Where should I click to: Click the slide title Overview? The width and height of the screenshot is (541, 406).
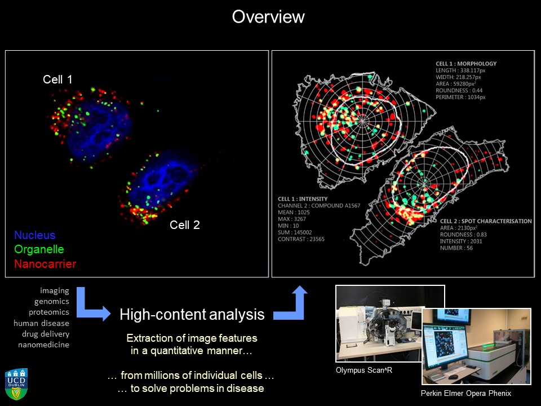point(268,17)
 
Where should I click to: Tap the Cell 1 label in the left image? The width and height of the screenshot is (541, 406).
point(57,80)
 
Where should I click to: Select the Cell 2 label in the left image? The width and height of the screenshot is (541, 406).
point(185,225)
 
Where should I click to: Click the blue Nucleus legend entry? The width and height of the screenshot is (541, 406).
point(35,235)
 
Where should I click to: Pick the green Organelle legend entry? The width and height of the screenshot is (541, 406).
point(39,249)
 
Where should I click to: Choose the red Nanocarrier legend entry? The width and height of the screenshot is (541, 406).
point(45,264)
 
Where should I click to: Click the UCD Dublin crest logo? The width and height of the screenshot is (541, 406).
point(16,384)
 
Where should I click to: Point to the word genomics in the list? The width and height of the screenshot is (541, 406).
point(52,301)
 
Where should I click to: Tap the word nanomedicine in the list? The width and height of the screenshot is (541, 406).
point(43,345)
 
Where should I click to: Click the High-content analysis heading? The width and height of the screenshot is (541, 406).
point(192,315)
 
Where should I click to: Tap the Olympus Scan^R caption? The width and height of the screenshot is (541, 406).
point(364,370)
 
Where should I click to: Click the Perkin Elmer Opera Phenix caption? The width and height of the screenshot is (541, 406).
point(466,393)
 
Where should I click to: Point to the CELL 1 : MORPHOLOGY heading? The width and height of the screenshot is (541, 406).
point(466,64)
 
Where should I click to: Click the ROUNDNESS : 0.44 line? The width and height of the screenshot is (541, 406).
point(459,90)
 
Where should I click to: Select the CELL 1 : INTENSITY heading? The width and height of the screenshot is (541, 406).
point(303,199)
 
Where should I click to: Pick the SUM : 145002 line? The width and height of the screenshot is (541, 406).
point(295,232)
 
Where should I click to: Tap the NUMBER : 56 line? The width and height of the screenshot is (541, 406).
point(456,248)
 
